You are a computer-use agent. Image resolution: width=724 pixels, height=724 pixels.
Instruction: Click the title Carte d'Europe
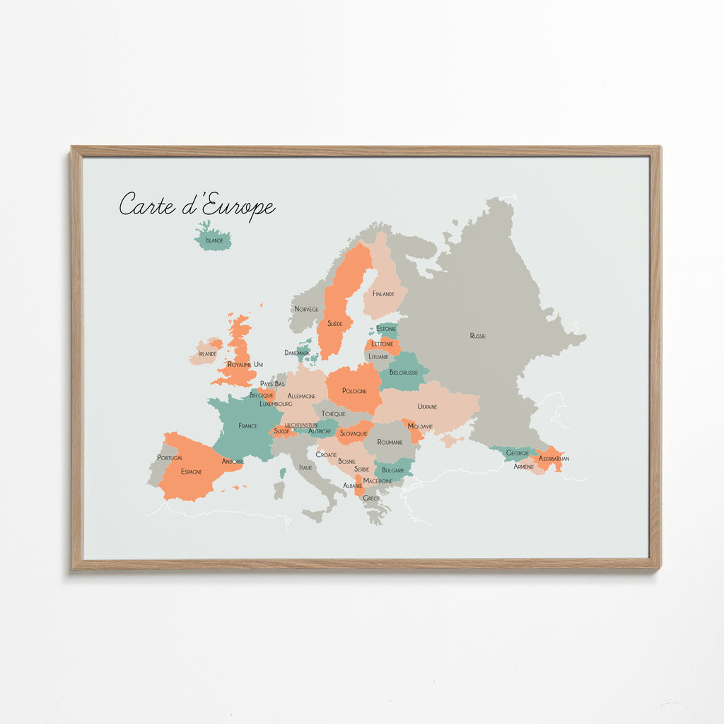197,205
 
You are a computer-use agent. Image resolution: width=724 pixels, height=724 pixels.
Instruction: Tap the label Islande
214,240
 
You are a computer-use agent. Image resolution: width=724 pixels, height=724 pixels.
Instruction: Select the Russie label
478,336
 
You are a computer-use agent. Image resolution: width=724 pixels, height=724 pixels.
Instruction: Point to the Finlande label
383,293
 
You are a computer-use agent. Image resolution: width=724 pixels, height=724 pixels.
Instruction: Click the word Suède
335,323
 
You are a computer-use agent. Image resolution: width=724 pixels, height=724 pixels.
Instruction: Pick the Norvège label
306,309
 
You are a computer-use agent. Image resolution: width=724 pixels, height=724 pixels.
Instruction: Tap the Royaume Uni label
245,364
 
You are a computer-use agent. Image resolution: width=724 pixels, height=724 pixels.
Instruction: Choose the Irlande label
207,354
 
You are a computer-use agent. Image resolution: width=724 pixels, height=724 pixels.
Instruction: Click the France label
247,426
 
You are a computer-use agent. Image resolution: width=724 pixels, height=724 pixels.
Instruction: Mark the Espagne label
191,471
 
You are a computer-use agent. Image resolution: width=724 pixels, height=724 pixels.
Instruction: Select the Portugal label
170,457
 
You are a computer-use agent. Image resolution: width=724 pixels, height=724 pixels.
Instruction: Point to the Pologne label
354,391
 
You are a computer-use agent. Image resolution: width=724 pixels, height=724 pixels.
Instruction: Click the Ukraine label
427,407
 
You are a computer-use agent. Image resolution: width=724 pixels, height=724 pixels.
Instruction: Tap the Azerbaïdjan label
554,459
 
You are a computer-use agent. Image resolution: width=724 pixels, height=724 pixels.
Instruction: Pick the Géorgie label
517,452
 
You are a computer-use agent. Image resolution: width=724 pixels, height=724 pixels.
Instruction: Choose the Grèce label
371,498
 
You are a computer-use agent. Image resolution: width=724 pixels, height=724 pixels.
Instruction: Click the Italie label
305,467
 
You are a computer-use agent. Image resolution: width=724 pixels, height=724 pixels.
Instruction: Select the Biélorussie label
404,372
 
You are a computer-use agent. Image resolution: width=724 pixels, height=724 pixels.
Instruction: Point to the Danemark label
297,352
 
